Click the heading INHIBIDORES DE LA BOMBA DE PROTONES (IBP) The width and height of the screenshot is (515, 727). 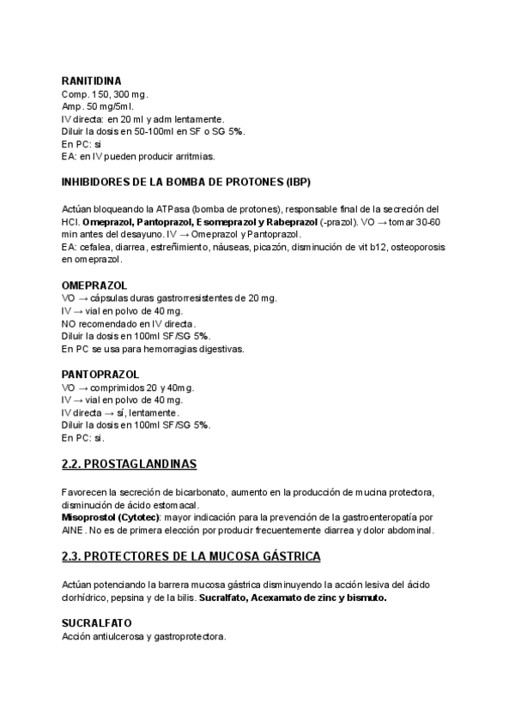click(186, 182)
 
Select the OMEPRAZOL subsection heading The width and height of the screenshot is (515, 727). click(94, 284)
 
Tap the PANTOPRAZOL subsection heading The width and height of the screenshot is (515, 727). click(100, 374)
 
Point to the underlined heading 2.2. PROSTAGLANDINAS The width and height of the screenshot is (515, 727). click(130, 465)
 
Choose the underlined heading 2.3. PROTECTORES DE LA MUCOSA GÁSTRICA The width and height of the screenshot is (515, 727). click(191, 556)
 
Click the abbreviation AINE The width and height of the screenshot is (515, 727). click(76, 531)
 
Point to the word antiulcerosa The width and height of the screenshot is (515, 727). click(122, 636)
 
